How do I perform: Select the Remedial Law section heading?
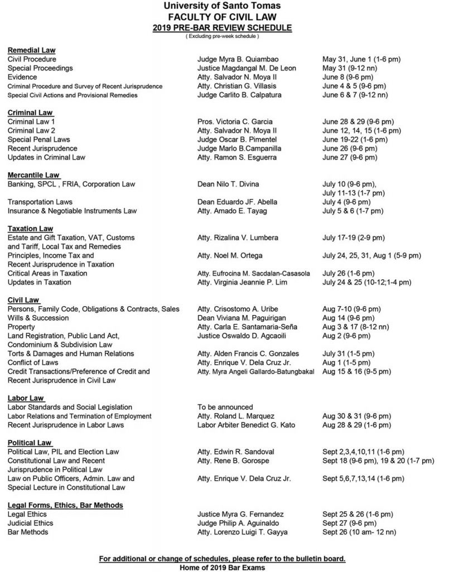31,50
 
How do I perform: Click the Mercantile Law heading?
33,175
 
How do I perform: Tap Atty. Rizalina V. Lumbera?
238,237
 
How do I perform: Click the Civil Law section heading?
22,300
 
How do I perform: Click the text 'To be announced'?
225,407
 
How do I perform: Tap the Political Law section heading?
30,442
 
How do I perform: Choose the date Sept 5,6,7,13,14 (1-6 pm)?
363,479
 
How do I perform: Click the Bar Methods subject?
28,532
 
